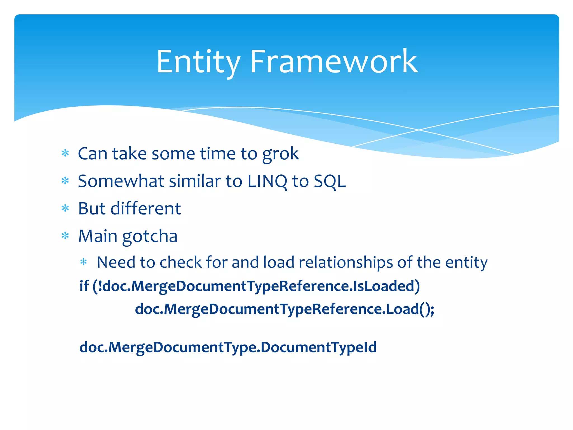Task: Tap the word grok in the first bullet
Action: click(280, 154)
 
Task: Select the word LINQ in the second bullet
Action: click(267, 181)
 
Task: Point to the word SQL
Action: click(330, 181)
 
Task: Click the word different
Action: click(145, 209)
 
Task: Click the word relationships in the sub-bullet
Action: click(346, 262)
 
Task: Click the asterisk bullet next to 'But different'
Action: click(65, 208)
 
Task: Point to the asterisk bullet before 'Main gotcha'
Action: click(65, 236)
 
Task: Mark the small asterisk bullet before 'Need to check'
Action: click(84, 262)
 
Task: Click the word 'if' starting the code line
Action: click(84, 286)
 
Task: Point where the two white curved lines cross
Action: click(419, 130)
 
